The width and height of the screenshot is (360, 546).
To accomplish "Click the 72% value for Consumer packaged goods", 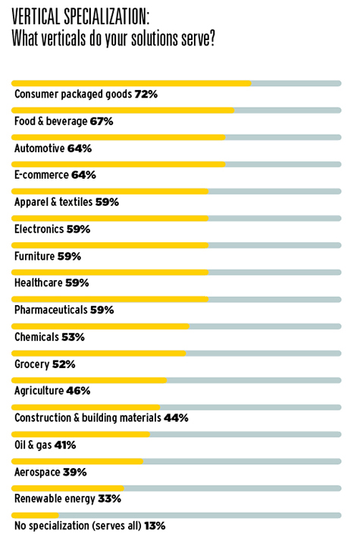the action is pos(146,94).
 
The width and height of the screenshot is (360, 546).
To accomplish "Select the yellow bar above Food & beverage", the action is pos(123,111).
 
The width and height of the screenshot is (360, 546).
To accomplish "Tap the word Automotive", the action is pos(39,148).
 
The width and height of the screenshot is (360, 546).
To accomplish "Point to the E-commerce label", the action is pos(42,175).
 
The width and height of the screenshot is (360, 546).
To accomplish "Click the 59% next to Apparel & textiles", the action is pos(107,202).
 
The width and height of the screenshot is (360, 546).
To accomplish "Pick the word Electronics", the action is pos(39,229).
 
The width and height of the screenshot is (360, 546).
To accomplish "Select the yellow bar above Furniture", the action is pos(110,245).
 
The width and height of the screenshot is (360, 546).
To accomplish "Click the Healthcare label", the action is pos(39,282).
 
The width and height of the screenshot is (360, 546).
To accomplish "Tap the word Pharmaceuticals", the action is pos(51,310).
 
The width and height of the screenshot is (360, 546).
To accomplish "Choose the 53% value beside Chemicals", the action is pos(74,337).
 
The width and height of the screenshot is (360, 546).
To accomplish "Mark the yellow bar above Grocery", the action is pos(99,354).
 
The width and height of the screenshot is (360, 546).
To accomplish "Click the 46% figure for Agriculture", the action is pos(78,391).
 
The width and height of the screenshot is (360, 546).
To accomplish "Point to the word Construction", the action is pos(43,418).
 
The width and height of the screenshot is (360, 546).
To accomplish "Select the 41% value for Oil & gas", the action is pos(65,445).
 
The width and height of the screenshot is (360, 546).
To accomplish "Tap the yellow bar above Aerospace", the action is pos(77,461).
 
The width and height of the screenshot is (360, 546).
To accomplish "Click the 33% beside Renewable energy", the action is pos(109,498).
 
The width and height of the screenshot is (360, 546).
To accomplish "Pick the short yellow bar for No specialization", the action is pos(35,516).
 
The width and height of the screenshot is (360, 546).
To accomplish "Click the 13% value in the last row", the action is pos(155,526).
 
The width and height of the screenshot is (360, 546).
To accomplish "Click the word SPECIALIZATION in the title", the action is pos(106,17).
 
